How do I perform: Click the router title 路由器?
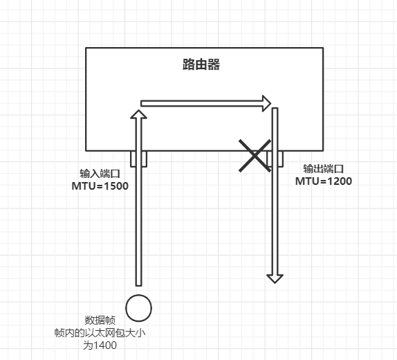click(201, 64)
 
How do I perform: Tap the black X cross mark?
click(255, 156)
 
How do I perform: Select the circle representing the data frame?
click(139, 308)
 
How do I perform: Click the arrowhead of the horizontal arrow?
click(267, 103)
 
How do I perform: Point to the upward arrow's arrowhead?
click(139, 114)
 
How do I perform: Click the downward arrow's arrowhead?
click(275, 279)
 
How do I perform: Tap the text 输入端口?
click(100, 174)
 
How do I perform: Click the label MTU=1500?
click(100, 186)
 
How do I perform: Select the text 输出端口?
click(324, 169)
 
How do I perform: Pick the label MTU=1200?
click(324, 181)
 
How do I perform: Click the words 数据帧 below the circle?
click(100, 321)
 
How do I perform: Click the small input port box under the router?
click(139, 159)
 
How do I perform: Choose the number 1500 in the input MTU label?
click(116, 186)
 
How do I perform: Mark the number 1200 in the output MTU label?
click(340, 181)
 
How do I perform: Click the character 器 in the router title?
click(214, 64)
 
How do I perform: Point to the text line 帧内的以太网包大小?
click(100, 332)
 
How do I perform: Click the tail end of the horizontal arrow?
click(141, 103)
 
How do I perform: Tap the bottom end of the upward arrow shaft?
click(139, 285)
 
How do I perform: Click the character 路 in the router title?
click(189, 64)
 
